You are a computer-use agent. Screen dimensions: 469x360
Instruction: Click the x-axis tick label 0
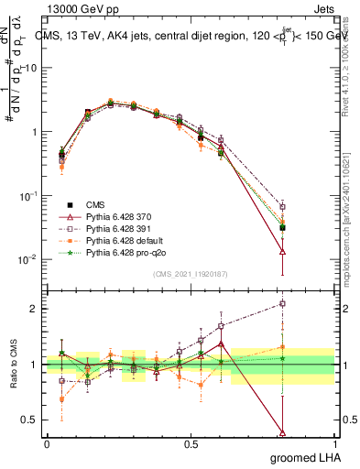(47, 443)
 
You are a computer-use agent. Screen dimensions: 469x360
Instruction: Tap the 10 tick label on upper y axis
(32, 68)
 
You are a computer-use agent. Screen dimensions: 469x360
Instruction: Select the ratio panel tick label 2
(36, 309)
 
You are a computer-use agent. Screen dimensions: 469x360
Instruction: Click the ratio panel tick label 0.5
(32, 420)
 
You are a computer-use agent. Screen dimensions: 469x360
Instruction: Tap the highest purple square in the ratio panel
(283, 303)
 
